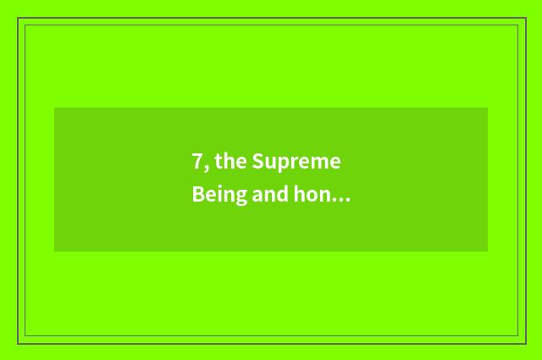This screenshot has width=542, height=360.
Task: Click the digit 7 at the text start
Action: (x=197, y=162)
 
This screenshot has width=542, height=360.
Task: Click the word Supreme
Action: (x=296, y=163)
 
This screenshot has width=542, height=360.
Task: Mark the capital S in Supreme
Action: (x=257, y=162)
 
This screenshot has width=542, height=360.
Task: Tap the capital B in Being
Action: (x=197, y=195)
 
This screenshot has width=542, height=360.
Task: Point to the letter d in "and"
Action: (x=281, y=195)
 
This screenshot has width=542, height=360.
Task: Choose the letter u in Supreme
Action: (x=268, y=163)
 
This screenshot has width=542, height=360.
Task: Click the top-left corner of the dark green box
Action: (x=54, y=108)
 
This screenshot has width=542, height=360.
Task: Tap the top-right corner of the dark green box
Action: (x=488, y=108)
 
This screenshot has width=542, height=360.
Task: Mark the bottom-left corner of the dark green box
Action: (x=54, y=252)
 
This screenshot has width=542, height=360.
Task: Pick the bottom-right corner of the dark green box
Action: (x=488, y=252)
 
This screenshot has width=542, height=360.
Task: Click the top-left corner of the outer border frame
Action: (x=18, y=18)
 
